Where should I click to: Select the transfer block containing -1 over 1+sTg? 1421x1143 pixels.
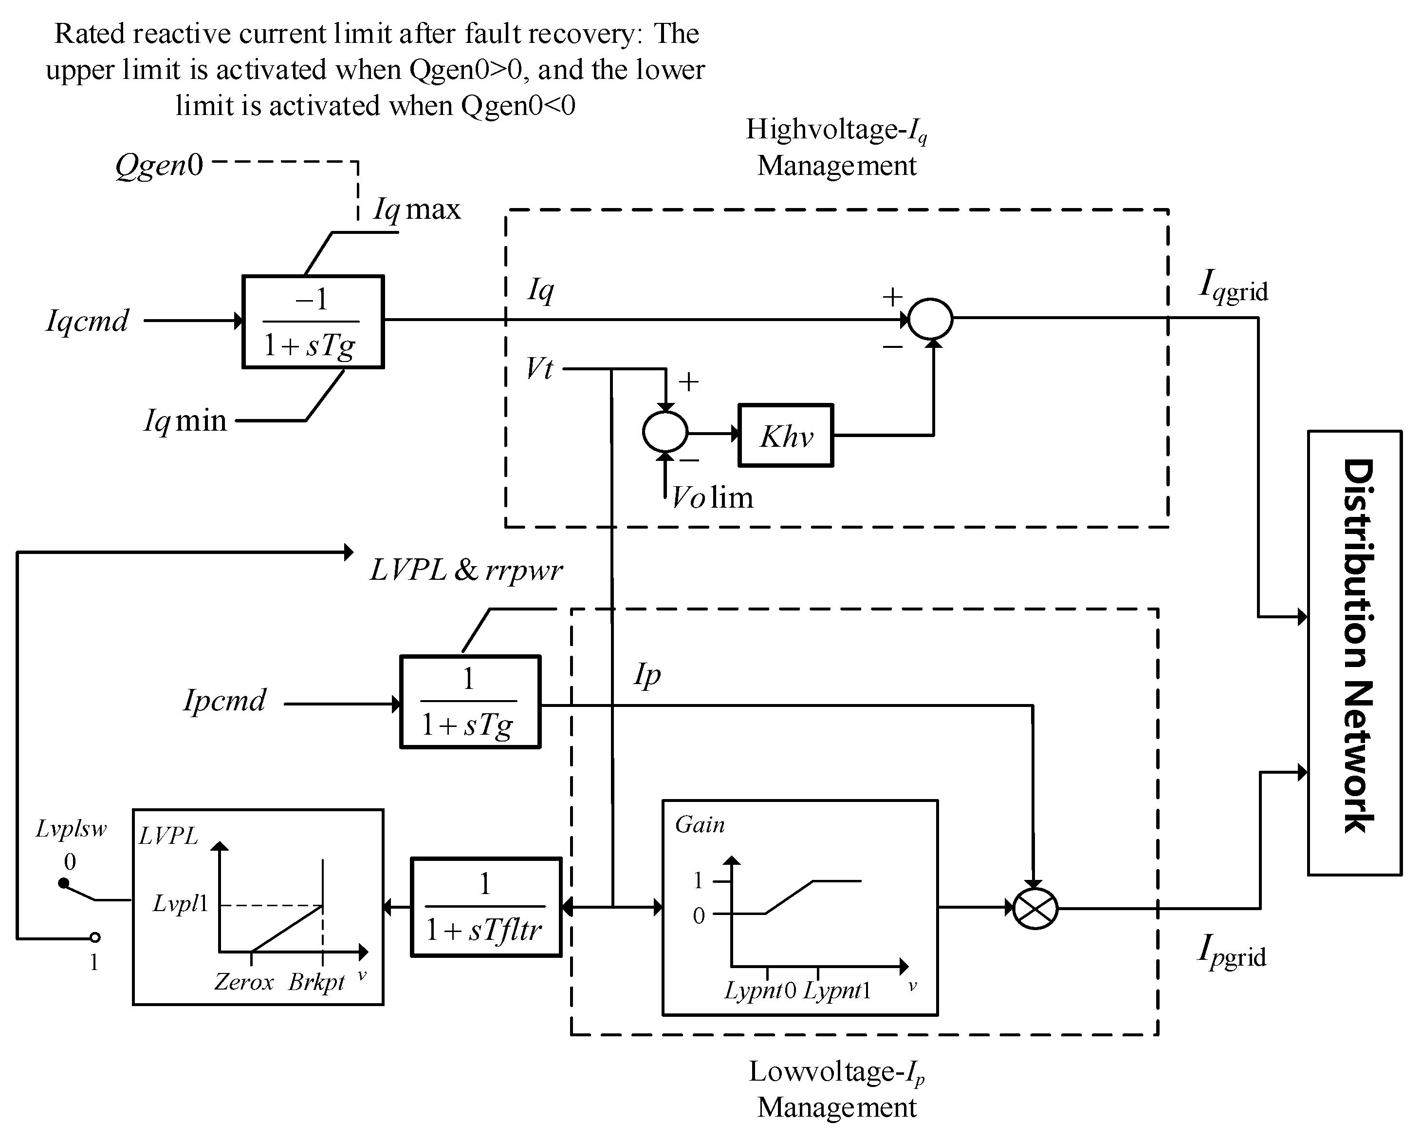point(313,321)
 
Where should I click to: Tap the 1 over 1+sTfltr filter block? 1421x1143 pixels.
point(486,907)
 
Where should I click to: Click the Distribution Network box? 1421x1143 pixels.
point(1354,653)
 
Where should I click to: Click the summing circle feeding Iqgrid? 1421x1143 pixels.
point(930,319)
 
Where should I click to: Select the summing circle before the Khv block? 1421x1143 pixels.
point(665,432)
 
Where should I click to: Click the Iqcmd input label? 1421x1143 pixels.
point(87,321)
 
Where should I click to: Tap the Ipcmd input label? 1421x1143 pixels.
point(224,701)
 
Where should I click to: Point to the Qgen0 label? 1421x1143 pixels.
point(159,164)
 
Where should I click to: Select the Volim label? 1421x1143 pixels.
point(712,497)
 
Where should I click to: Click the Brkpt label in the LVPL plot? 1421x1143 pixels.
point(316,983)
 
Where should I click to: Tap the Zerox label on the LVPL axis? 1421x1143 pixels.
point(243,983)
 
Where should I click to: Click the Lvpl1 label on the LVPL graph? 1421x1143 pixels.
point(180,904)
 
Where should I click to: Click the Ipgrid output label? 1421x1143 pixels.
point(1231,953)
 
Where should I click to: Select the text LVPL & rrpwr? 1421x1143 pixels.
point(466,571)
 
